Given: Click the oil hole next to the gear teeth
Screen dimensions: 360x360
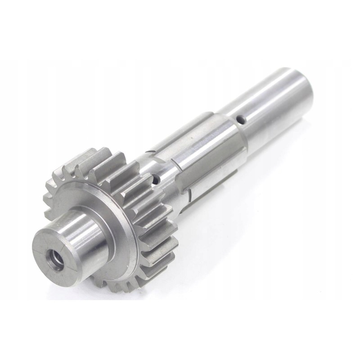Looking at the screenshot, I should pyautogui.click(x=156, y=180).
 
